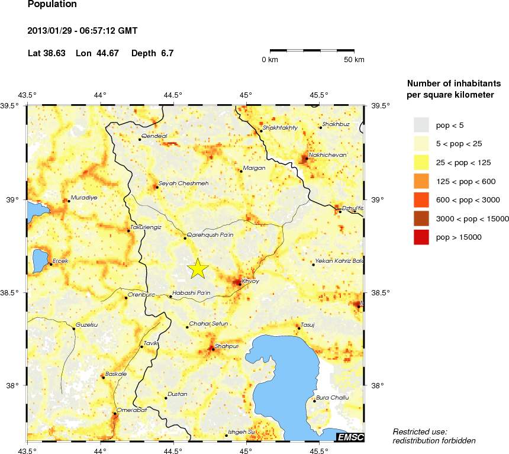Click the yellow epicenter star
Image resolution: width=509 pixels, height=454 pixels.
click(198, 268)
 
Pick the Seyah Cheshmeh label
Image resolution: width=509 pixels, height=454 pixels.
click(183, 183)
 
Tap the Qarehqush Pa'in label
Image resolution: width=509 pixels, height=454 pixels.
click(210, 235)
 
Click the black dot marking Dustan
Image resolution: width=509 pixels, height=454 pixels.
click(166, 398)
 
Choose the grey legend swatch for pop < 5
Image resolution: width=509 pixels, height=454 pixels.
click(421, 125)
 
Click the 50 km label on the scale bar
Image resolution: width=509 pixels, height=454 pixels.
click(354, 60)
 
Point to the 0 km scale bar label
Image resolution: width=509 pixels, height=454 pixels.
click(270, 60)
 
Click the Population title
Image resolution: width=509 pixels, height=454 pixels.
click(52, 5)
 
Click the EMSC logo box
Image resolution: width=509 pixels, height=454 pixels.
click(350, 437)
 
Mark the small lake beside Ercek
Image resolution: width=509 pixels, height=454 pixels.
click(40, 260)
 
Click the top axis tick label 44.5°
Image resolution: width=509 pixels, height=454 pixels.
click(173, 95)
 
